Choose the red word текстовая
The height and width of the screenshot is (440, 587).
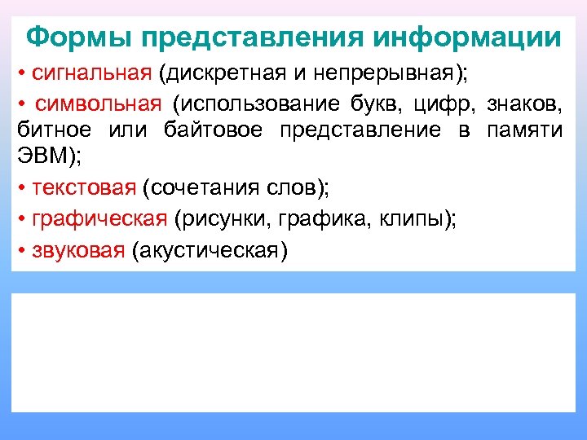pyautogui.click(x=83, y=188)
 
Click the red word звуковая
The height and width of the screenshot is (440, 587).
pyautogui.click(x=78, y=249)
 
